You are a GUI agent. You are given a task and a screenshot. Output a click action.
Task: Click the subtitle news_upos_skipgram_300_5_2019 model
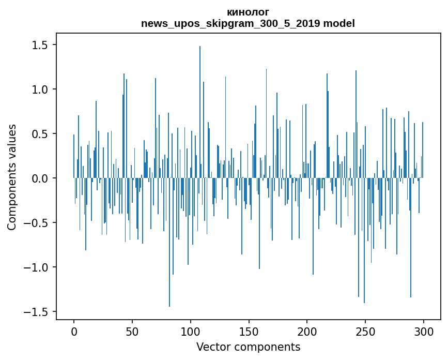pos(248,24)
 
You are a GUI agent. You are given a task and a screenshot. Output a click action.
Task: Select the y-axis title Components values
pos(12,177)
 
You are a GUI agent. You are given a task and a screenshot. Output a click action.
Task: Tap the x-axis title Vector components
pos(248,347)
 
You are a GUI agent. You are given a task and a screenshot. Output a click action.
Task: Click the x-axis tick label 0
pos(74,331)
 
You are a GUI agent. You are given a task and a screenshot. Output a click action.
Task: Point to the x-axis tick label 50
pos(132,331)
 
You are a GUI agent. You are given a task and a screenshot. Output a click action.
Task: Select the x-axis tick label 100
pos(191,331)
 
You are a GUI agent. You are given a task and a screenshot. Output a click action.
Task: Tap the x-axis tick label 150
pos(249,331)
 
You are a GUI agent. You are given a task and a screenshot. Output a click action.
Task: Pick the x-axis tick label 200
pos(307,331)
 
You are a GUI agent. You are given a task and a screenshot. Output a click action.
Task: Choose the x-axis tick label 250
pos(365,331)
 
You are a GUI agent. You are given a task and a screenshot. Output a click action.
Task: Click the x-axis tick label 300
pos(424,331)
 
